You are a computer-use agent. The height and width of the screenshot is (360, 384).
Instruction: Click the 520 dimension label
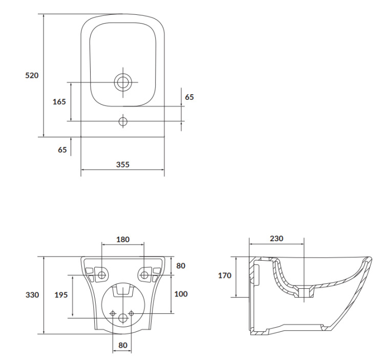tap(32, 75)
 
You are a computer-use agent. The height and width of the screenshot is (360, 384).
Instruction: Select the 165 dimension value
tap(59, 101)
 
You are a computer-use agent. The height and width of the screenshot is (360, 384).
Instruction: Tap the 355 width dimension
tap(122, 164)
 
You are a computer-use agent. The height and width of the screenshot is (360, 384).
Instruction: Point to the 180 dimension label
tap(123, 239)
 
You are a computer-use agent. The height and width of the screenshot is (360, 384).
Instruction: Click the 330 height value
tap(32, 295)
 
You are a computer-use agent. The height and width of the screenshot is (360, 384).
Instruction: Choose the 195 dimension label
tap(61, 295)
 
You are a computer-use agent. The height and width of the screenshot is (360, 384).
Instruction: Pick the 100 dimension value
tap(181, 294)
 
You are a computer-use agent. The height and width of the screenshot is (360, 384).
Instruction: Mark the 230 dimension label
tap(276, 239)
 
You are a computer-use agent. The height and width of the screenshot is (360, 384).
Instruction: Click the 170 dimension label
tap(224, 276)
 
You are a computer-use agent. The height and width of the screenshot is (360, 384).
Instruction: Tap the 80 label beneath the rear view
tap(123, 345)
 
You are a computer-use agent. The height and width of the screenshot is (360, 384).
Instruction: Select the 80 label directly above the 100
tap(181, 266)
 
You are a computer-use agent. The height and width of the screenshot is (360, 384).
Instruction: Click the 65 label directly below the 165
tap(62, 150)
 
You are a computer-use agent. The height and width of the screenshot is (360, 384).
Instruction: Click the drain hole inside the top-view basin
tap(123, 82)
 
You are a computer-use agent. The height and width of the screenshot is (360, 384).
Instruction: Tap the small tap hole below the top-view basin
tap(123, 121)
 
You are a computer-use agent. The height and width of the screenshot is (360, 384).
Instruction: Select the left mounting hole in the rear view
tap(102, 275)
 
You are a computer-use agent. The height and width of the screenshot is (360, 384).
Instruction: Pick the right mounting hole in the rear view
tap(144, 275)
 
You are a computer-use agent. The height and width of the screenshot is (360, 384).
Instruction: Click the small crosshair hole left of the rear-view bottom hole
tap(113, 313)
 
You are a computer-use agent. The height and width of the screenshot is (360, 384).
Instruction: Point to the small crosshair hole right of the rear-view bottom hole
tap(131, 313)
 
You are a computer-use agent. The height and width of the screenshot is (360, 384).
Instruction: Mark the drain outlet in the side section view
tap(305, 292)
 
